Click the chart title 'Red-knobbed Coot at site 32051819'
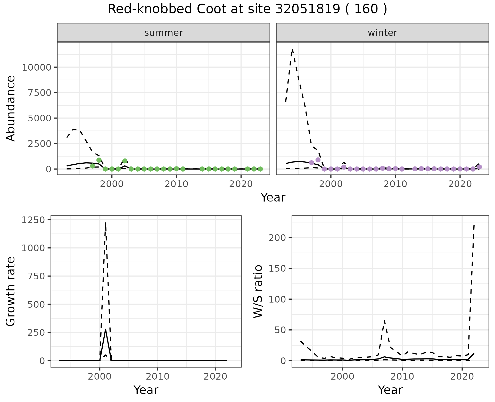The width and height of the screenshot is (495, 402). pos(247,9)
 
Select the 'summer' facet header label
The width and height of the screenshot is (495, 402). pos(163,33)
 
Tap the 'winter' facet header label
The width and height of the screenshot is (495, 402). pos(382,33)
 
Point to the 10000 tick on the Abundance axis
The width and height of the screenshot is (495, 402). pos(37,68)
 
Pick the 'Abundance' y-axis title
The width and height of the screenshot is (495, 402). pos(11,108)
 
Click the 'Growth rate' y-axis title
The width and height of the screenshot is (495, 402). pos(11,291)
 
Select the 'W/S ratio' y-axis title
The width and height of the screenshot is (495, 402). pos(258,291)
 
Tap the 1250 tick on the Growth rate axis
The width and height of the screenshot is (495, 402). pos(33,220)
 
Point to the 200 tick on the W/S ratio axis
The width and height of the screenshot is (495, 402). pos(277,238)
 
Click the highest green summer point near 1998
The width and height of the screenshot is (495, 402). pos(99,160)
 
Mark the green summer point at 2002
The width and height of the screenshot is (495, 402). pos(125,161)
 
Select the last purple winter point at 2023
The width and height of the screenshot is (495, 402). pos(479,167)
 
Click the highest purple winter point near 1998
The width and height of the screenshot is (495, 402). pos(318,160)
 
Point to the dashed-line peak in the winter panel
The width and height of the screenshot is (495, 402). pos(292,49)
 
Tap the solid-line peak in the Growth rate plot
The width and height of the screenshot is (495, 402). pos(105,329)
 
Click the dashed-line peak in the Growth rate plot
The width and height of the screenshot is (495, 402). pos(105,222)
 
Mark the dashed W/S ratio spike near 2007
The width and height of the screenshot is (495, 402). pos(384,321)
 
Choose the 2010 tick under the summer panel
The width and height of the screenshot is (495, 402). pos(176,184)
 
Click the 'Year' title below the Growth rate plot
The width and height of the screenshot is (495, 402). pos(146,390)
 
